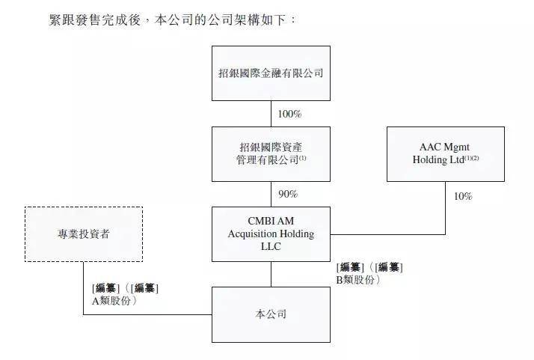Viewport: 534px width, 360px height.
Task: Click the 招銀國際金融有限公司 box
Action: [x=271, y=73]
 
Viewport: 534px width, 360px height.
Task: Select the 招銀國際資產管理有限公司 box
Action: [x=271, y=154]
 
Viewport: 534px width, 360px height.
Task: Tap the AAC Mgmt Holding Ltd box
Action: [x=446, y=154]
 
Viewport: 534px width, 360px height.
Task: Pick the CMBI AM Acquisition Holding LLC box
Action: [x=271, y=234]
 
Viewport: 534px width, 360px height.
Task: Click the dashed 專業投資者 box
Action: [x=84, y=234]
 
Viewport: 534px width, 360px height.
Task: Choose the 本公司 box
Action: [x=271, y=314]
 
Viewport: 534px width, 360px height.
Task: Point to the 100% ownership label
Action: [x=289, y=114]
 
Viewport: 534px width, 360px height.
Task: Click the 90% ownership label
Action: [x=288, y=194]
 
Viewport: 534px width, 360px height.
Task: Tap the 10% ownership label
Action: [x=463, y=196]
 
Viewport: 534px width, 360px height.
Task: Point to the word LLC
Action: [x=271, y=246]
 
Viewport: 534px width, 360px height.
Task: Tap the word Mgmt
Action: [x=457, y=147]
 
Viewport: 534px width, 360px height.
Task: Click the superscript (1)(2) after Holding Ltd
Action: [x=472, y=158]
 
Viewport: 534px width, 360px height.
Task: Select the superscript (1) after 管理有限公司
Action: [x=302, y=158]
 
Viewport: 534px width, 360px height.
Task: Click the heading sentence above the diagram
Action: [x=172, y=19]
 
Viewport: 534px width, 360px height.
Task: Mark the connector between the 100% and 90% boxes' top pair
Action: [x=271, y=114]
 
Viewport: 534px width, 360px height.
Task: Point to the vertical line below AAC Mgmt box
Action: [x=446, y=208]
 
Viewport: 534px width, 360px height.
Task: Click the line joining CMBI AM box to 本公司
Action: [x=271, y=275]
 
